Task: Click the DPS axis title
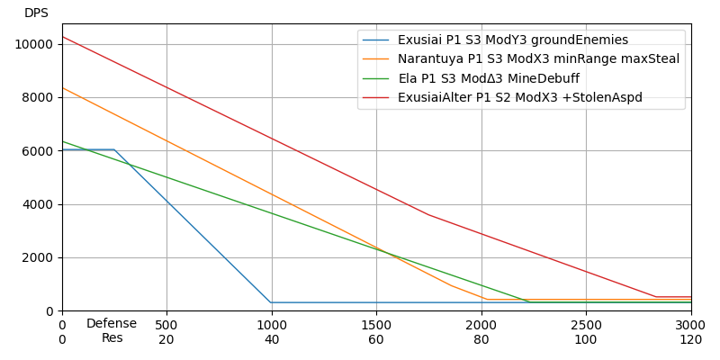pyautogui.click(x=36, y=13)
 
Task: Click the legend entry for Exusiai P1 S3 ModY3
pyautogui.click(x=513, y=40)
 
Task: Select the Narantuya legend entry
pyautogui.click(x=538, y=59)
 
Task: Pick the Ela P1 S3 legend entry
pyautogui.click(x=489, y=78)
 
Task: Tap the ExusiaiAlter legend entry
pyautogui.click(x=520, y=97)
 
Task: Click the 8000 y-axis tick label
pyautogui.click(x=39, y=97)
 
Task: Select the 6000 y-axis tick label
pyautogui.click(x=39, y=151)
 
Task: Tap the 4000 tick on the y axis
pyautogui.click(x=39, y=204)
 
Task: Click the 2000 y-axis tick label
pyautogui.click(x=39, y=257)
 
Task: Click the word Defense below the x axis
pyautogui.click(x=112, y=324)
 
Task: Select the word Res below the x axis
pyautogui.click(x=112, y=338)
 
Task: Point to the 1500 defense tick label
pyautogui.click(x=376, y=325)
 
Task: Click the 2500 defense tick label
pyautogui.click(x=586, y=325)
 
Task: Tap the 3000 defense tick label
pyautogui.click(x=690, y=325)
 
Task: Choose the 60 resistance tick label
pyautogui.click(x=376, y=340)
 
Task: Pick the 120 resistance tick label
pyautogui.click(x=690, y=340)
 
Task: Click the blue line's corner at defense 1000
pyautogui.click(x=271, y=302)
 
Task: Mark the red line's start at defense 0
pyautogui.click(x=62, y=37)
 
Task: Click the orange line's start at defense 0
pyautogui.click(x=62, y=88)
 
